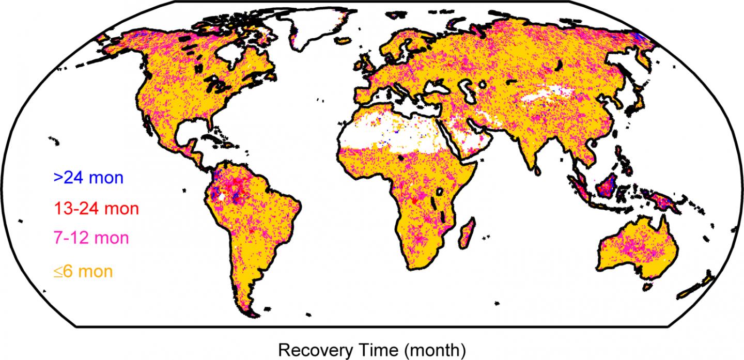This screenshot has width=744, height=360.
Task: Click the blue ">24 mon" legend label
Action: [88, 178]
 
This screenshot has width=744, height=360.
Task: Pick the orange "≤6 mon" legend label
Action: [82, 270]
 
